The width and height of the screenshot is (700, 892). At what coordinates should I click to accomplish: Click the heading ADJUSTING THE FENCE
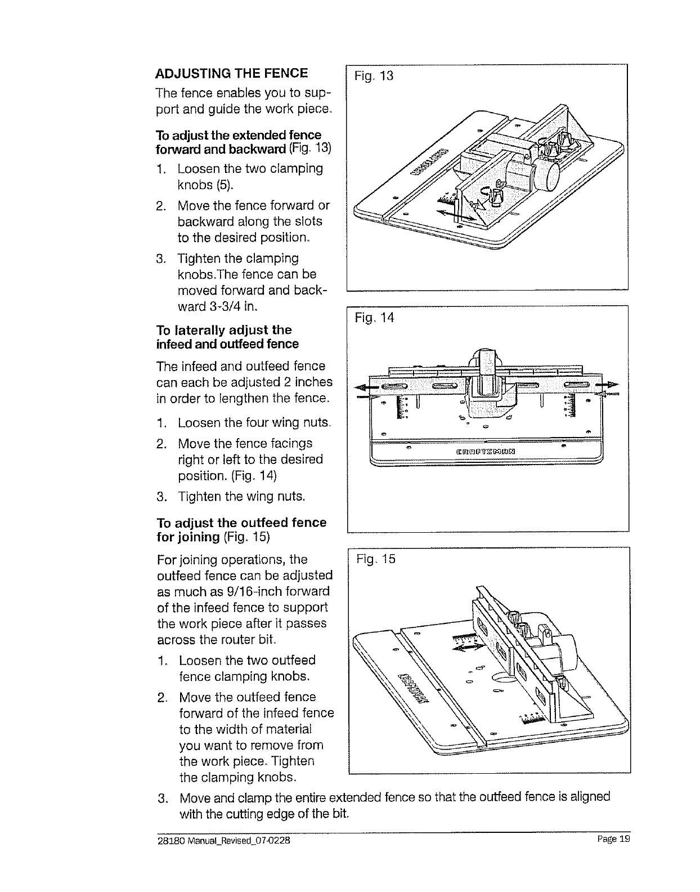232,73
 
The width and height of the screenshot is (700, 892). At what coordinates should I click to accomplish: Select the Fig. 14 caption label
374,318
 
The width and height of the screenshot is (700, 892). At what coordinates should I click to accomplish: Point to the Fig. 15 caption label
376,559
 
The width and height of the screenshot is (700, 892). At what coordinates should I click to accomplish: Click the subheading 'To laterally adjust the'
224,330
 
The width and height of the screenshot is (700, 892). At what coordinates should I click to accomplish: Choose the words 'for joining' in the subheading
187,537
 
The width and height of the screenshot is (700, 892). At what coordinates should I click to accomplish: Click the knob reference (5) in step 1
223,185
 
